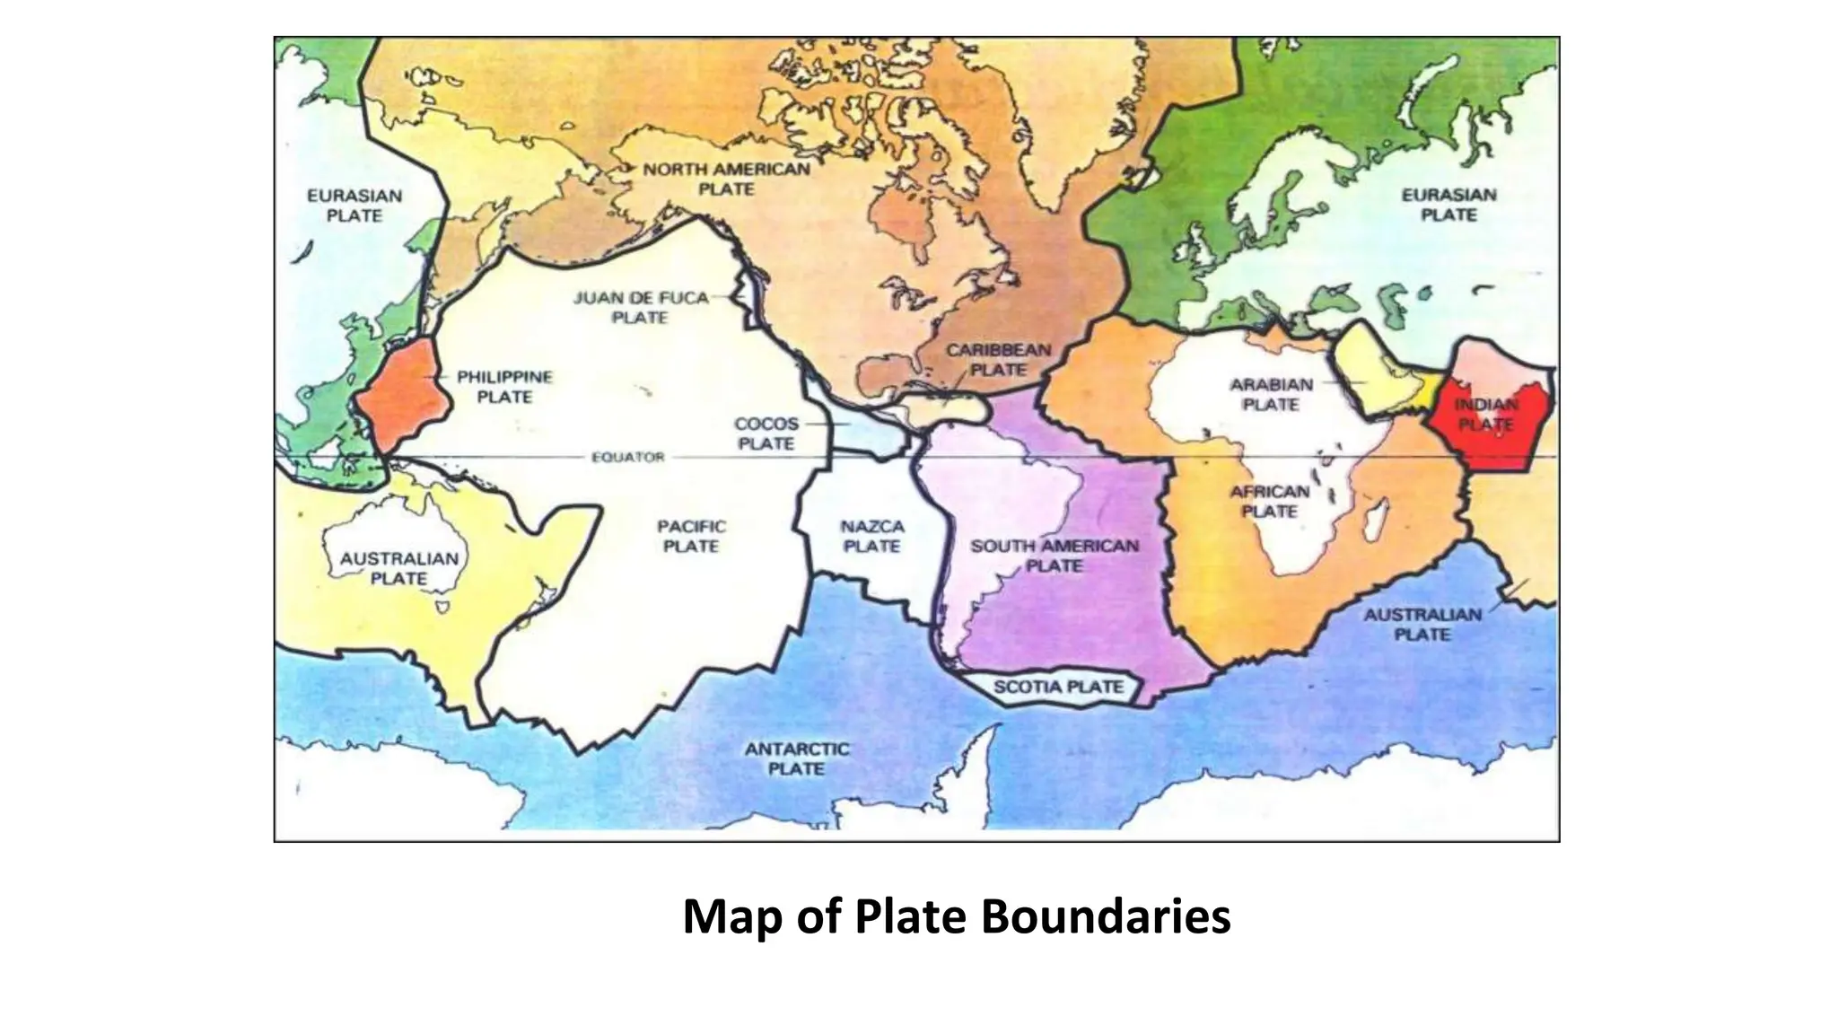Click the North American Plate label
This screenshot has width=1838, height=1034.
tap(726, 179)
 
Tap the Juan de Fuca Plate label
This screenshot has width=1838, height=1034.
tap(641, 307)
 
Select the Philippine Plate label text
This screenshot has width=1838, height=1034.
tap(504, 387)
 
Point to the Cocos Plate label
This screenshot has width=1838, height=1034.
tap(766, 434)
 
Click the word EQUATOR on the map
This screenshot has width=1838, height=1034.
tap(628, 457)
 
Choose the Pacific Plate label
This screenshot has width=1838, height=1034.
tap(691, 536)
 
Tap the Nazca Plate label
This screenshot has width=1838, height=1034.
tap(871, 536)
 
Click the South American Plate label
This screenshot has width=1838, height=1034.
tap(1054, 556)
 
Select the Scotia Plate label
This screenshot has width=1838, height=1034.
tap(1058, 688)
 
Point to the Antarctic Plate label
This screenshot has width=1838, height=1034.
tap(797, 758)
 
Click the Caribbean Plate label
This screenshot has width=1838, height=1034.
tap(998, 359)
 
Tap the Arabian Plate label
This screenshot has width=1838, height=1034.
tap(1271, 394)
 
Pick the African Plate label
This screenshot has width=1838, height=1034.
tap(1270, 501)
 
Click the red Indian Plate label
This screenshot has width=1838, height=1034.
tap(1486, 415)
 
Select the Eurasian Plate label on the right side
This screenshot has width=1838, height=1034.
tap(1449, 205)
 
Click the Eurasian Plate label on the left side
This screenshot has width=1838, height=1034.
tap(354, 206)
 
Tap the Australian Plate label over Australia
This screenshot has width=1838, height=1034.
tap(398, 568)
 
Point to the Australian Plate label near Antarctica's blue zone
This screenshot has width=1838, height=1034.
tap(1422, 625)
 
